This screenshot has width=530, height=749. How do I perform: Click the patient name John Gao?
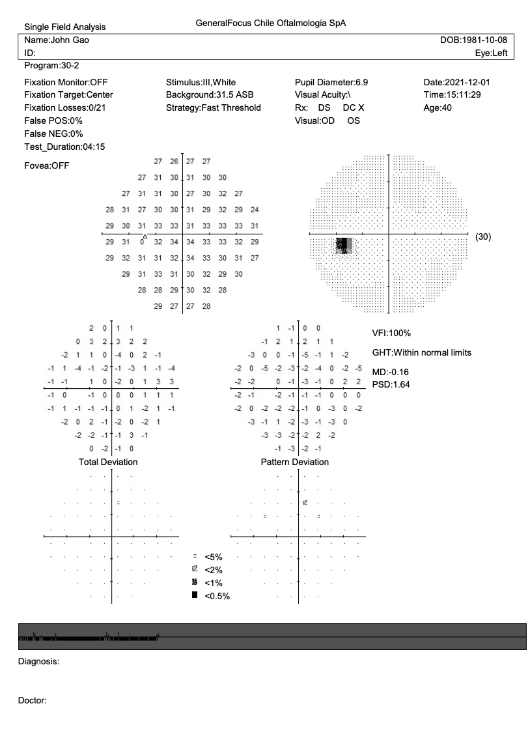click(x=57, y=40)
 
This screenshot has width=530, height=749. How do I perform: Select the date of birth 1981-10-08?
click(x=473, y=40)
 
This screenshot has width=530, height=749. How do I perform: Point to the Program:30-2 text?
click(x=52, y=66)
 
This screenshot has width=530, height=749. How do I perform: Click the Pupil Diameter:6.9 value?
click(x=331, y=83)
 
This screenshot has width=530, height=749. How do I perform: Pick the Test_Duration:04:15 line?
click(x=64, y=147)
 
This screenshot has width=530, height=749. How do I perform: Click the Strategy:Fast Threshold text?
click(x=214, y=107)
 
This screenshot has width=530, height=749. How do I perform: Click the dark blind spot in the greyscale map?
click(x=342, y=245)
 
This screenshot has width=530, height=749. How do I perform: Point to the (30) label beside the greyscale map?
click(x=483, y=236)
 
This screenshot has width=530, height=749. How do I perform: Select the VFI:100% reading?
click(x=391, y=333)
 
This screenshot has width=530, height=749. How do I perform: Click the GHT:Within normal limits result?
click(x=421, y=353)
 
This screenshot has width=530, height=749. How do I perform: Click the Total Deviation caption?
click(x=108, y=462)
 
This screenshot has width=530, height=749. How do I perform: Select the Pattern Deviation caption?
click(x=295, y=462)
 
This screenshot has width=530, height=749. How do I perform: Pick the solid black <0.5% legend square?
click(x=194, y=595)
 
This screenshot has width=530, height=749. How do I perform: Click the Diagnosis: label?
click(x=38, y=662)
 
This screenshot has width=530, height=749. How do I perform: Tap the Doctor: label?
click(x=32, y=701)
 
